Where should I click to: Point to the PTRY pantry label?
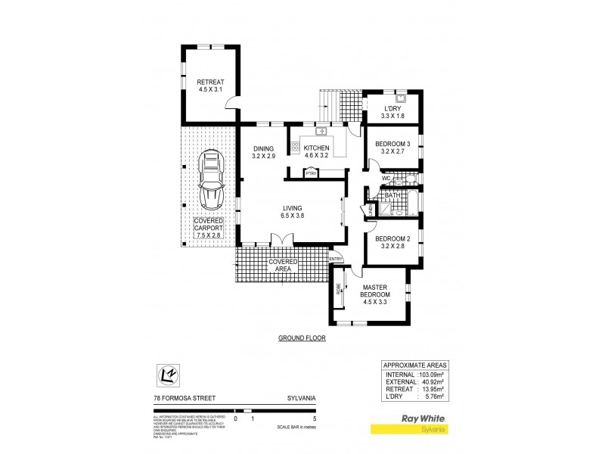coord(310,173)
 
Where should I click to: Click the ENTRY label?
coord(336,259)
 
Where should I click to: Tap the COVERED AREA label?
coord(282,266)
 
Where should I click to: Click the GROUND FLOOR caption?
coord(302,338)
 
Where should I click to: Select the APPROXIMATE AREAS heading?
coord(414,364)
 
